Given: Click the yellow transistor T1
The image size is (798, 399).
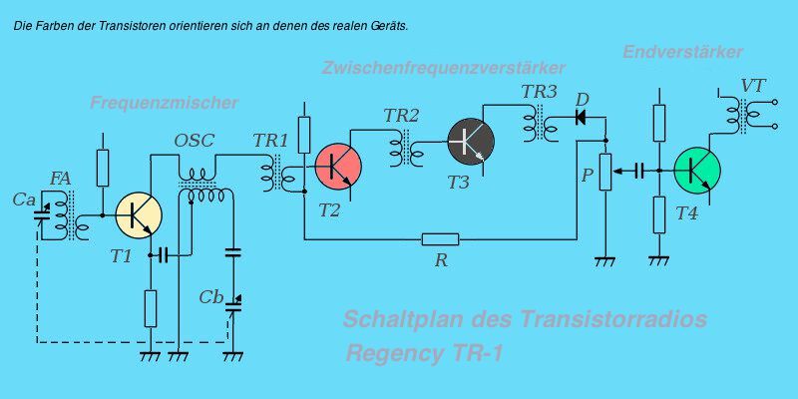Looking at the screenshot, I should coord(139,212).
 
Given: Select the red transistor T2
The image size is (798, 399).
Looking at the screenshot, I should coord(338,166).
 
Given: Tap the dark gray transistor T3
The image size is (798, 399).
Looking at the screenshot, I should coord(470,141).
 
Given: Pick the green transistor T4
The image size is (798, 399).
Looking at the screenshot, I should coord(697,169).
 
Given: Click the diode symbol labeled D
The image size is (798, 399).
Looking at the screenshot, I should coord(581,117).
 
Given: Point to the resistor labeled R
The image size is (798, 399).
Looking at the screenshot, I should coord(440,238).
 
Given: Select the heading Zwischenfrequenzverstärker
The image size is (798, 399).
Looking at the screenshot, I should coord(444,68).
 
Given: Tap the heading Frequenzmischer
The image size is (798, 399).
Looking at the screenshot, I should coord(164,103).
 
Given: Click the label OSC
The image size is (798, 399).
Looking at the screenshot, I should coord(194,141).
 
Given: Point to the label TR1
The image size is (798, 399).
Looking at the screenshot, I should coord(270,141).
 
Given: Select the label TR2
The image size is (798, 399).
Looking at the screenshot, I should coord(401,116).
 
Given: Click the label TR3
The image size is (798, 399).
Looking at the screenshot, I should coord(539,92).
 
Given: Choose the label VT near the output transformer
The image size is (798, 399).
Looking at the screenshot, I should coord(752,86).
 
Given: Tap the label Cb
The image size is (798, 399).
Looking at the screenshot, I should coord(210,297).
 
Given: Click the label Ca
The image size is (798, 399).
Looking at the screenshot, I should coord(25,199).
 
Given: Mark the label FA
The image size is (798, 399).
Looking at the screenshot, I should coord(60,179).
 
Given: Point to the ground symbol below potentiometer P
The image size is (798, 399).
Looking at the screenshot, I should coord(603,261).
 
